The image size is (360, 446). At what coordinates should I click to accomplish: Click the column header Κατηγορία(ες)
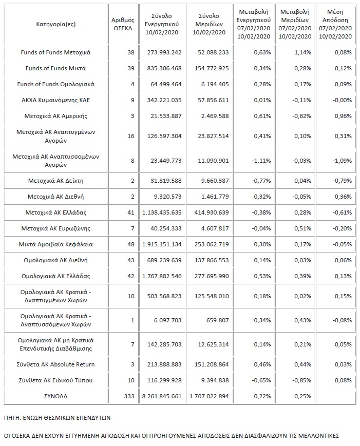[x=56, y=24]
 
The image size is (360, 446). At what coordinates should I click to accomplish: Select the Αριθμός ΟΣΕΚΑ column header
[x=122, y=24]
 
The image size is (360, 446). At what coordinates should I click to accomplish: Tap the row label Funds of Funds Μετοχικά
[x=56, y=52]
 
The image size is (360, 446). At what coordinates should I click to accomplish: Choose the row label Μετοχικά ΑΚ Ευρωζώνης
[x=56, y=228]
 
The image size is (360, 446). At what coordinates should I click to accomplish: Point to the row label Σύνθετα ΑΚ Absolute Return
[x=56, y=364]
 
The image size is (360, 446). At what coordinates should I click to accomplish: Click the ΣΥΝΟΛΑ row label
[x=56, y=397]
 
